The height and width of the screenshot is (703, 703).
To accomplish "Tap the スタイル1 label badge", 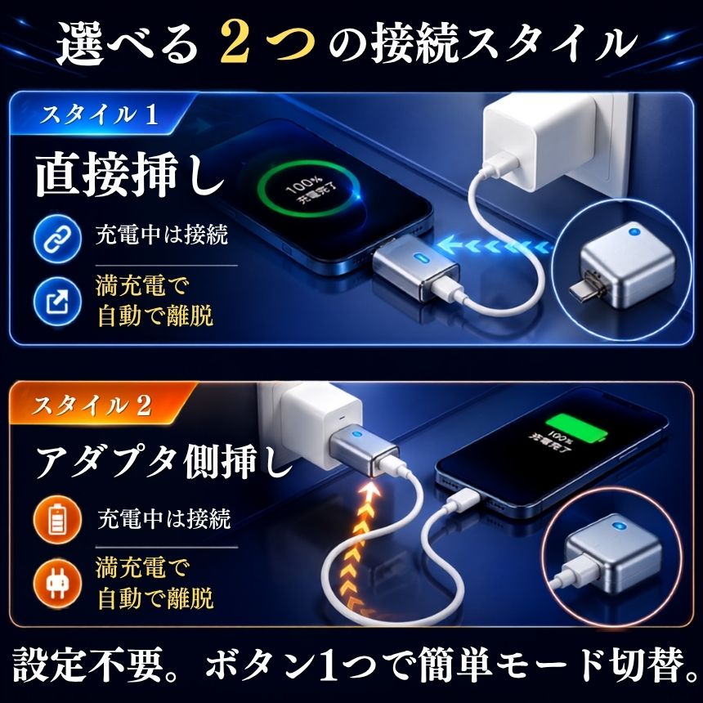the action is [100, 114].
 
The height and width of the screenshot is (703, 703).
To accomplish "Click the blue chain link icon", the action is [57, 239].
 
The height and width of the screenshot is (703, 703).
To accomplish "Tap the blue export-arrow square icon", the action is [57, 301].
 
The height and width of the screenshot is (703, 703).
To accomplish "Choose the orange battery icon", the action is [57, 520].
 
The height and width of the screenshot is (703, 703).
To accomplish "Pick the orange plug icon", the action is [57, 583].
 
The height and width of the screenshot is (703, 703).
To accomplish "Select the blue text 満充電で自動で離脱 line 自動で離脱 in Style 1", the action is [155, 316].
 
